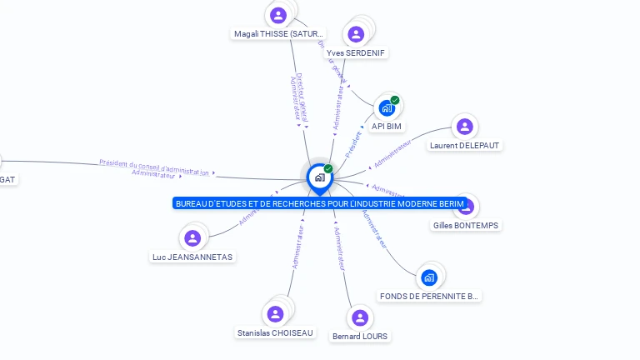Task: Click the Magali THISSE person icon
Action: click(278, 15)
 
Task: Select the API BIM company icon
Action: click(386, 107)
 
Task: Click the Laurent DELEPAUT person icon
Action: click(465, 127)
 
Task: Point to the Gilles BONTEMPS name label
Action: click(467, 225)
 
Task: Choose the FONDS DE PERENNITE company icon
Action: click(429, 277)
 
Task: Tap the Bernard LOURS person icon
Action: click(359, 317)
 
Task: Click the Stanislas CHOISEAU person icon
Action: click(274, 314)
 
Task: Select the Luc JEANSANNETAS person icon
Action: click(192, 238)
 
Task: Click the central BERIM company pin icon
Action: click(319, 177)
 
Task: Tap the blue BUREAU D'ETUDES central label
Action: click(319, 203)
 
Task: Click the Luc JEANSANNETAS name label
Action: click(192, 257)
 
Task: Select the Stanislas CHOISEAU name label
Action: click(275, 332)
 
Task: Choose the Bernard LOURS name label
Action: click(359, 336)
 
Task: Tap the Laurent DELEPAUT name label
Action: click(466, 145)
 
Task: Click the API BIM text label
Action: click(387, 126)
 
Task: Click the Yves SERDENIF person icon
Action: click(356, 34)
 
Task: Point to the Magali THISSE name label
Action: click(278, 34)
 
